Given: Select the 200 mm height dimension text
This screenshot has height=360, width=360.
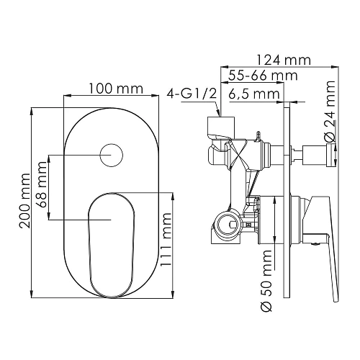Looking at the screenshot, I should click(x=26, y=202).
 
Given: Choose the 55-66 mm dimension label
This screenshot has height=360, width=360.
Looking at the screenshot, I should click(x=255, y=76).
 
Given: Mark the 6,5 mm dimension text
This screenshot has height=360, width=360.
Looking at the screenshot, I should click(x=254, y=94).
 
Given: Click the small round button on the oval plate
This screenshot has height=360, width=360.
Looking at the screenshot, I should click(x=110, y=156).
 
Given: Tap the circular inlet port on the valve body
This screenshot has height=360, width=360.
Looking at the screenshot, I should click(x=227, y=222).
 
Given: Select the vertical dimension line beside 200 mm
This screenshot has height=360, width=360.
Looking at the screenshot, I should click(x=33, y=202).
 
